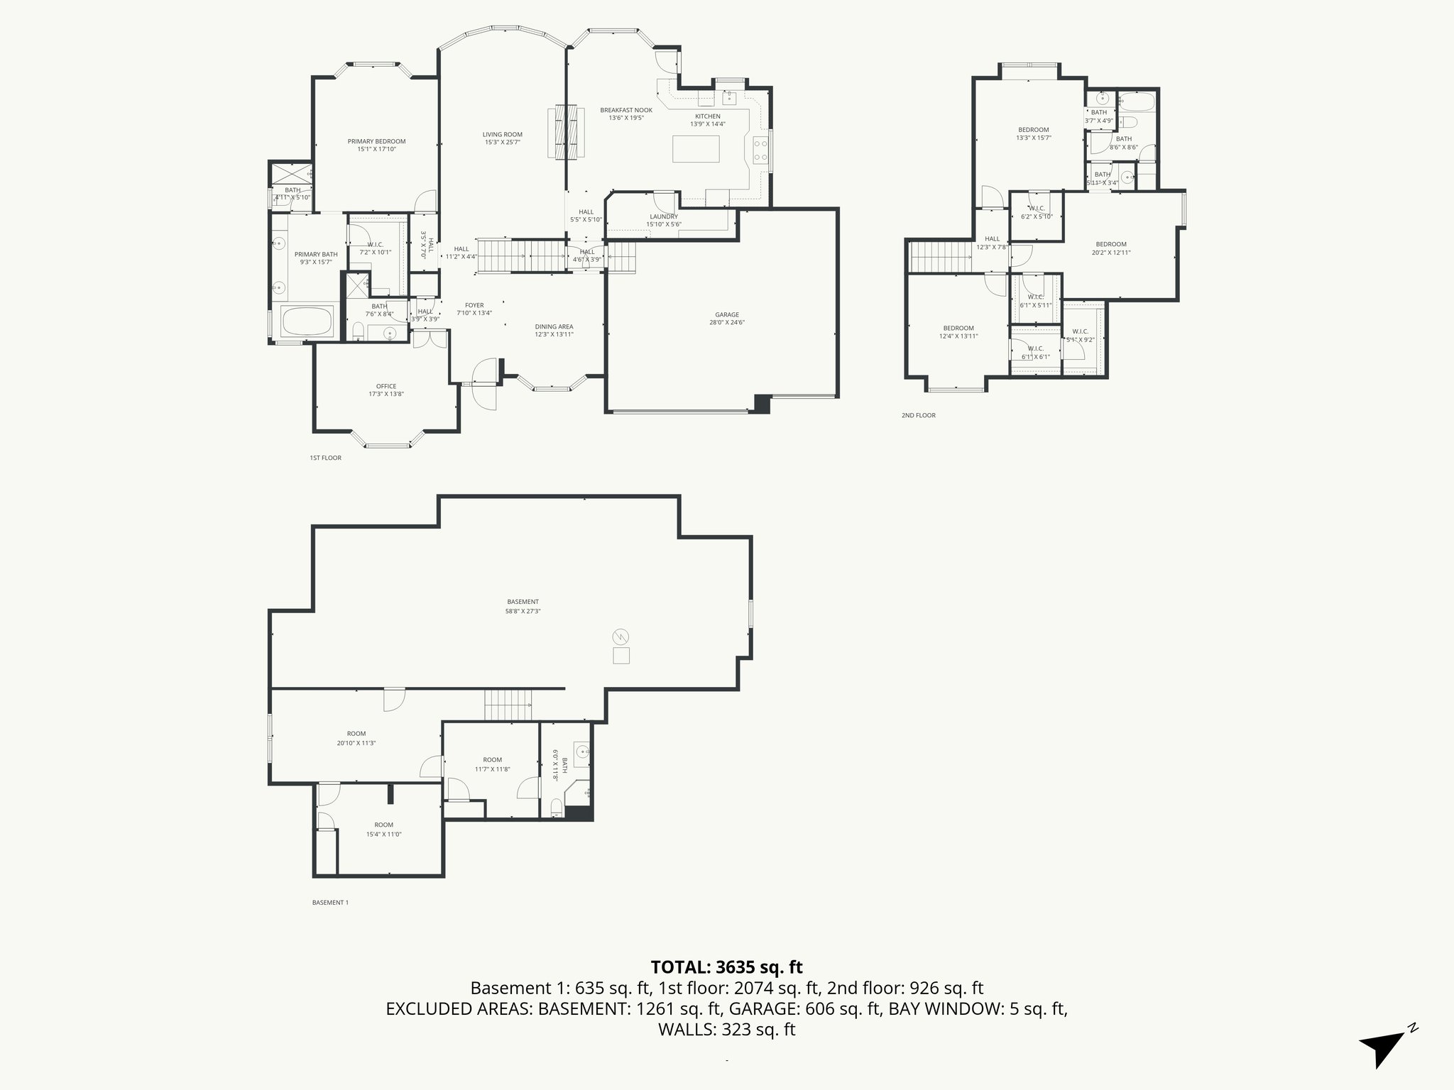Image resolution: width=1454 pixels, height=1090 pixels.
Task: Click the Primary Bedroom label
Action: point(376,141)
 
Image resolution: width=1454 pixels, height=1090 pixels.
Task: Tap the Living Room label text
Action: point(502,134)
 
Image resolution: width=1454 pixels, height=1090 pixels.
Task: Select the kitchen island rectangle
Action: point(696,149)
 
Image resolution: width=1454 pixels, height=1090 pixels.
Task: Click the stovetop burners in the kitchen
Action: point(759,149)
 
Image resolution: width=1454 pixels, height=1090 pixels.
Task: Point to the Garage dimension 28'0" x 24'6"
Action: point(727,322)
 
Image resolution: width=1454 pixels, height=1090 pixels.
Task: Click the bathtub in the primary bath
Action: point(307,322)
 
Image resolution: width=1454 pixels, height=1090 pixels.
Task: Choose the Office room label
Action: point(386,387)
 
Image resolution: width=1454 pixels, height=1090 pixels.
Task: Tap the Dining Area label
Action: point(554,327)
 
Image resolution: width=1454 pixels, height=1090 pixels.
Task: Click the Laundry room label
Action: point(664,216)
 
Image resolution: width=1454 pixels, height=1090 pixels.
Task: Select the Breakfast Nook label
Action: point(625,110)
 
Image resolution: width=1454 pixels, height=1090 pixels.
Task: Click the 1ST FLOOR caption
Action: point(325,458)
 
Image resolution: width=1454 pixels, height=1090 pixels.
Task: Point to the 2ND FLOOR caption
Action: point(919,415)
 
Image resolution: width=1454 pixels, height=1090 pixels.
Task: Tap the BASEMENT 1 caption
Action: point(330,903)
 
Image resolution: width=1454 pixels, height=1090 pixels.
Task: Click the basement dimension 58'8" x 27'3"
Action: point(523,610)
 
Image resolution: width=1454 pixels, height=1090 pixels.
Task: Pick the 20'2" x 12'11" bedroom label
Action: point(1111,252)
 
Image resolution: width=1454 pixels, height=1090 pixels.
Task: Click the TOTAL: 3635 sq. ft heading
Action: point(726,967)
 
